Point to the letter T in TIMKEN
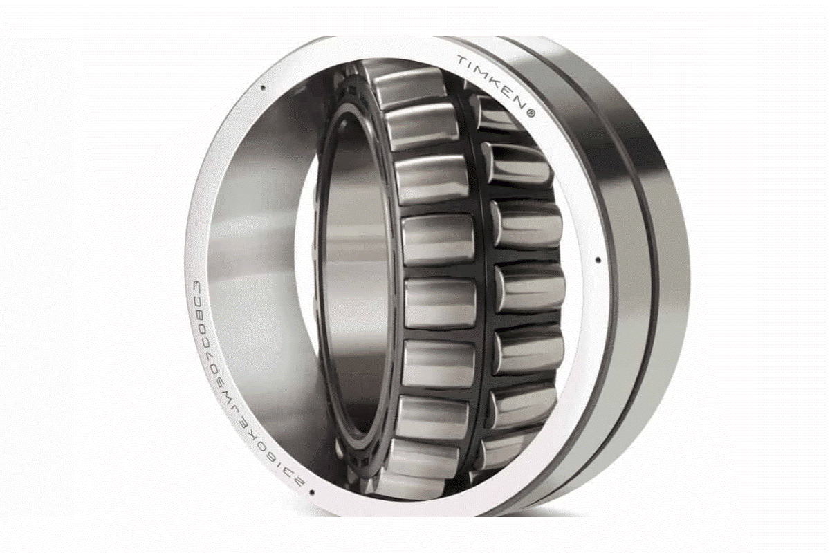[460, 61]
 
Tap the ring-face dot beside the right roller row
[598, 261]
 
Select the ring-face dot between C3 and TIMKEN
[263, 87]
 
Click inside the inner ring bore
[356, 276]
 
